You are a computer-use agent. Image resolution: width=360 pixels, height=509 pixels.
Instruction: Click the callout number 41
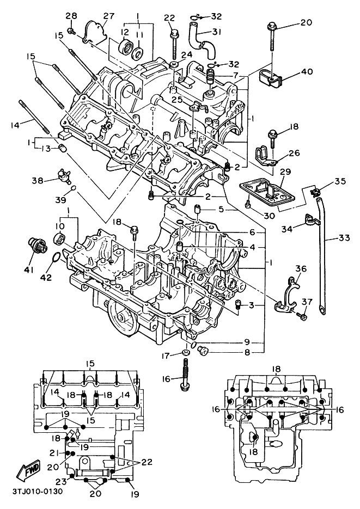[x=28, y=269]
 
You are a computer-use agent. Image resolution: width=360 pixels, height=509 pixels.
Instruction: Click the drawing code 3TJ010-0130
[x=37, y=492]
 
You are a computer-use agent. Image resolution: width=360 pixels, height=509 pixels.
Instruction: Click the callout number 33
[x=343, y=237]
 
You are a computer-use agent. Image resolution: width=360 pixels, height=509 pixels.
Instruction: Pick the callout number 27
[x=108, y=15]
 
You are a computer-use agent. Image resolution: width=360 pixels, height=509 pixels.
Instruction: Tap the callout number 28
[x=71, y=15]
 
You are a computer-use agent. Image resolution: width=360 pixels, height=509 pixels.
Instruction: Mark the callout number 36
[x=301, y=268]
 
